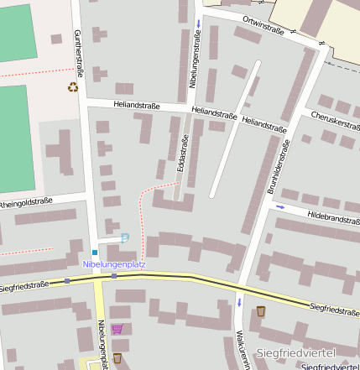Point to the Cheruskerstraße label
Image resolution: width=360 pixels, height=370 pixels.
335,122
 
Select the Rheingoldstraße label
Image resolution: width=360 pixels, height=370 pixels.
25,202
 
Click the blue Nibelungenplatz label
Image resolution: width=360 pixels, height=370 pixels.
114,264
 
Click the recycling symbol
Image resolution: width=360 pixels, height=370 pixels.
74,86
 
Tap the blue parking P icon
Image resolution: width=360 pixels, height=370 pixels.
125,238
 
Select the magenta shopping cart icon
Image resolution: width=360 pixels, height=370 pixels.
117,329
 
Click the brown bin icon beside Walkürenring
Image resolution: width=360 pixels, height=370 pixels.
261,311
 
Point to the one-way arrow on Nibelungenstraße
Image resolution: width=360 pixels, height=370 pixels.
198,23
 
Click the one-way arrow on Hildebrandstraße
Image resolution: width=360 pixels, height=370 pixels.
280,206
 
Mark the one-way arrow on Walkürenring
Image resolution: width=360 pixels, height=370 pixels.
239,301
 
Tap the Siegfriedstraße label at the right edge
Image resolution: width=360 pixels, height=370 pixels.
334,310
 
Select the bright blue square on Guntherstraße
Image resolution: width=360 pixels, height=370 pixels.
95,252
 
